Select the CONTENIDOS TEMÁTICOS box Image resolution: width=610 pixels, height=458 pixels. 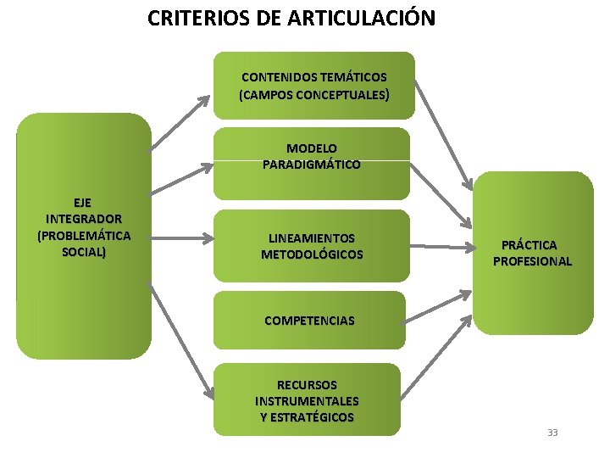[x=314, y=86]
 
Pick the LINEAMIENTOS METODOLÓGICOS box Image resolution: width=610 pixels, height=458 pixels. [x=311, y=246]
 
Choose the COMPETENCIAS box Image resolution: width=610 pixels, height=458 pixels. [x=309, y=321]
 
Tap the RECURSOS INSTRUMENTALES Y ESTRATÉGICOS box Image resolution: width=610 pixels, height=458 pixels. [x=307, y=399]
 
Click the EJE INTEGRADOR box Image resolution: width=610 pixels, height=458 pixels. [x=83, y=236]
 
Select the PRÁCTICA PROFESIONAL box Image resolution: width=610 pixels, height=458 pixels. [x=532, y=253]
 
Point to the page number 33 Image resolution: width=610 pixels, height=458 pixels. [x=552, y=433]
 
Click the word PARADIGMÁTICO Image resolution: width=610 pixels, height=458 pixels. [x=311, y=165]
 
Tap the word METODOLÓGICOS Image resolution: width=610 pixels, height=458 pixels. [x=312, y=254]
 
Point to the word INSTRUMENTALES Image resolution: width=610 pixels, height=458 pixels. [x=307, y=400]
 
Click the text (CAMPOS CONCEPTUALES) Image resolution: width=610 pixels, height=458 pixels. [x=314, y=95]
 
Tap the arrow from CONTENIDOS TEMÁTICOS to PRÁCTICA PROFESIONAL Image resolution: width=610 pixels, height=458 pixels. [x=443, y=136]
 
